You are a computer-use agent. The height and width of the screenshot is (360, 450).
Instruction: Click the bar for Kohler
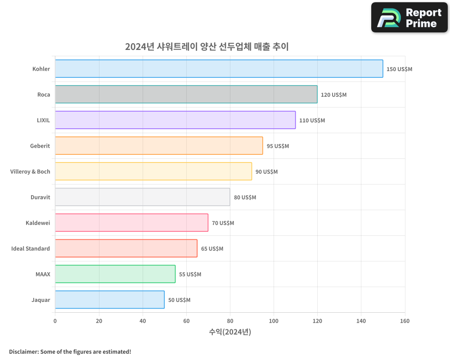point(219,69)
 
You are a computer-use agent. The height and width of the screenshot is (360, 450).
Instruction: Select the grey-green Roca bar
point(186,94)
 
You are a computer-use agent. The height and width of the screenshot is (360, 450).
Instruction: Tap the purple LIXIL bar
point(175,120)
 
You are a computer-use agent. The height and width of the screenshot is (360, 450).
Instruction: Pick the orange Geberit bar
point(159,146)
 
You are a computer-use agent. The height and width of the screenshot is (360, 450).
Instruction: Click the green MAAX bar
point(115,274)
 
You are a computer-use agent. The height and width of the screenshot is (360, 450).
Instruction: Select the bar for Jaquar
point(110,300)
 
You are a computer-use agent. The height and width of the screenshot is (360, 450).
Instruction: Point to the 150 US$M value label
point(399,69)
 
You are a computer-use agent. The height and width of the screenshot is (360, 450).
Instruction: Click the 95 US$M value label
point(278,146)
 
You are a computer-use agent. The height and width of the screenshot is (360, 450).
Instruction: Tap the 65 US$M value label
point(212,249)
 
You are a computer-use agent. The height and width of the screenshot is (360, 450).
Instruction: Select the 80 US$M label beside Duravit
point(245,198)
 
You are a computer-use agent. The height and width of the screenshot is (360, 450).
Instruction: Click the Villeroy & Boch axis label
point(30,171)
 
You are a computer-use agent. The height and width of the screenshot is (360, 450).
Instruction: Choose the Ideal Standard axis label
point(31,248)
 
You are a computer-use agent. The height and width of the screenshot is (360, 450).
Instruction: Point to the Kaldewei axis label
point(38,223)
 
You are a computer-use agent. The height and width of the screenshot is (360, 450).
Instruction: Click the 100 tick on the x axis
point(274,321)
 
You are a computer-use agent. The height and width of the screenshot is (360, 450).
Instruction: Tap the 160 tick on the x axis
point(405,321)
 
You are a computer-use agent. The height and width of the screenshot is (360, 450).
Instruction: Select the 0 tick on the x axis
point(55,321)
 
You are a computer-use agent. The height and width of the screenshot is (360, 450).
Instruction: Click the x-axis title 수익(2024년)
point(230,332)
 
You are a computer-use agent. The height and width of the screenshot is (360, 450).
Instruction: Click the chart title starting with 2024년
point(207,46)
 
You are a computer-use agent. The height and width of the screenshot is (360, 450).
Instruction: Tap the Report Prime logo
point(409,18)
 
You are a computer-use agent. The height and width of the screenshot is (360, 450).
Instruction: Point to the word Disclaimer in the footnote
point(23,351)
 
